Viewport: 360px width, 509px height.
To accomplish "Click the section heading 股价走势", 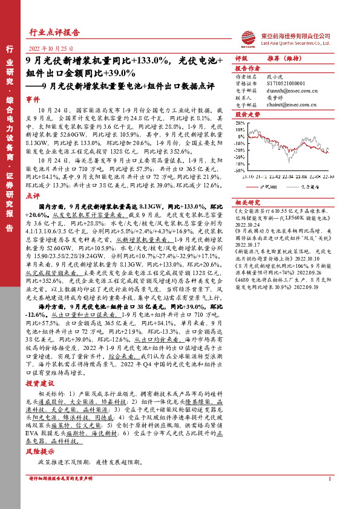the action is (246, 113).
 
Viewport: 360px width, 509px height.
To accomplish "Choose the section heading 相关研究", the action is (246, 202).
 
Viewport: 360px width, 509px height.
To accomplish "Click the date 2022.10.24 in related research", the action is (247, 222).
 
